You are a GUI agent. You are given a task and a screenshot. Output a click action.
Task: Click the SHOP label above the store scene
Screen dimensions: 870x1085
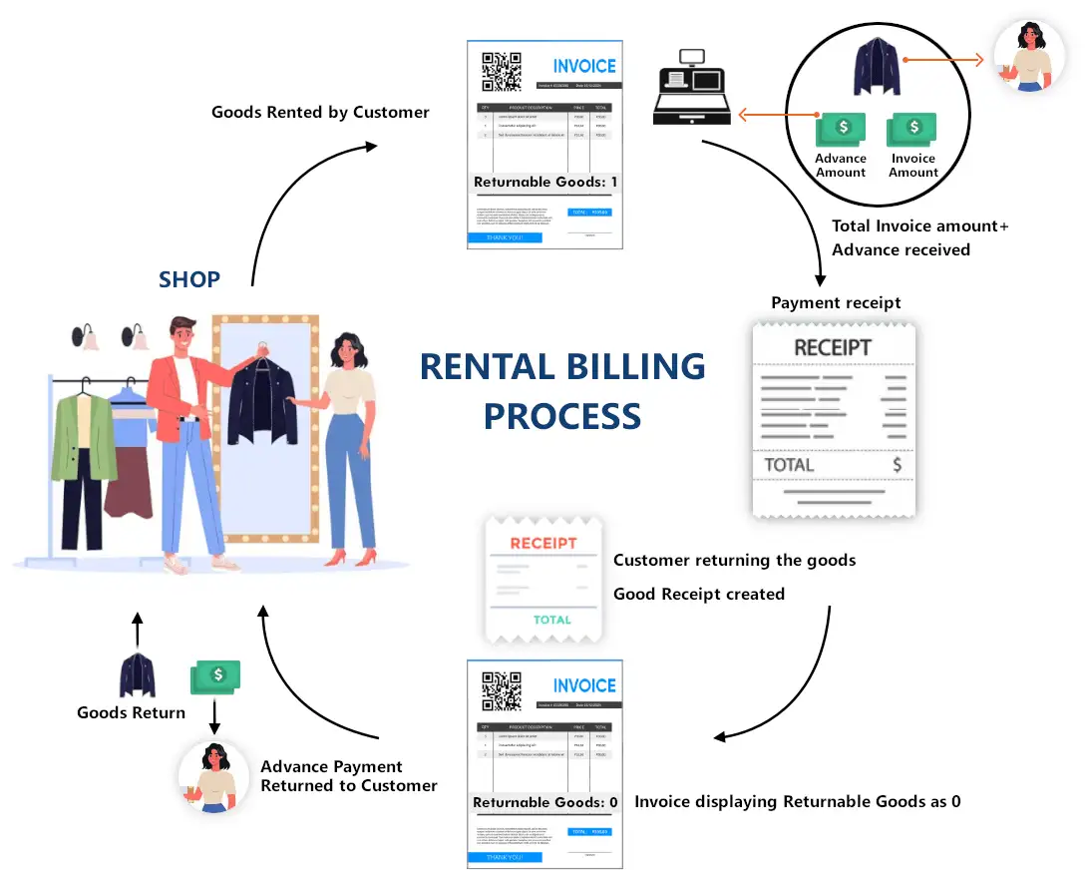tap(189, 279)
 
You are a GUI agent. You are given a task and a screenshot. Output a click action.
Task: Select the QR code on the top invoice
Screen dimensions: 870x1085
tap(502, 72)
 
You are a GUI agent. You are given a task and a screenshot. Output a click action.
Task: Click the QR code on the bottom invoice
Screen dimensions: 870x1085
tap(502, 691)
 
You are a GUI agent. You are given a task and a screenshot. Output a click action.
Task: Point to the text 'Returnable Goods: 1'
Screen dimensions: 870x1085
tap(545, 183)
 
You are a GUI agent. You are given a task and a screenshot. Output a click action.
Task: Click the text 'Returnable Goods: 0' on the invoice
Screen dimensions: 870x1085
tap(545, 802)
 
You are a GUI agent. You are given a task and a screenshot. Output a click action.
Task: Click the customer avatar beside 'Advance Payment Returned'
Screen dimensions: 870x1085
tap(213, 777)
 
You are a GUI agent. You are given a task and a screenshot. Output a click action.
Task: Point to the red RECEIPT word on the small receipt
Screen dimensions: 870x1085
tap(543, 544)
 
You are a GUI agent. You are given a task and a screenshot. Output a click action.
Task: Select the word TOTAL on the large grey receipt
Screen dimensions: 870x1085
tap(789, 465)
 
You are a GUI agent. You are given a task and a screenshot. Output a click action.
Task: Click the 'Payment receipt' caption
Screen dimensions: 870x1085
tap(836, 302)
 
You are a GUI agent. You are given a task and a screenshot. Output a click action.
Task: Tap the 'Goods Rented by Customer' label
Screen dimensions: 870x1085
tap(320, 112)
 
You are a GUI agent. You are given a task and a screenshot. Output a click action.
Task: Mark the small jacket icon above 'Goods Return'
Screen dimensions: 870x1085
tap(138, 675)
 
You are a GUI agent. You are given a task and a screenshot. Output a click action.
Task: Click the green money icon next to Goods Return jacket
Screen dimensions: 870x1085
tap(215, 675)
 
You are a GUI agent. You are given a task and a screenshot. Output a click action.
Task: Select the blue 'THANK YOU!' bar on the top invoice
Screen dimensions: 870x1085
tap(505, 238)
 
